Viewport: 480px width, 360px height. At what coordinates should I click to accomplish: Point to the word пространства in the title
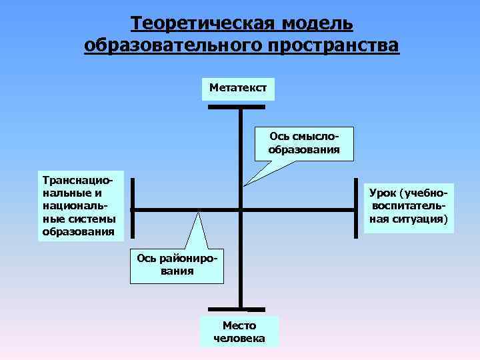(x=335, y=46)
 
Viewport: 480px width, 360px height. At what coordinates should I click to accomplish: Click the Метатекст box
(x=238, y=88)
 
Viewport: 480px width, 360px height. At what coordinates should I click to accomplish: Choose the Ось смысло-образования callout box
(x=304, y=143)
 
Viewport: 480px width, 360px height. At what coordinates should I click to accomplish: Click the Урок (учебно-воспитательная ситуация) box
(x=409, y=207)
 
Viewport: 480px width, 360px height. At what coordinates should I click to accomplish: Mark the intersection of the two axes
(x=241, y=210)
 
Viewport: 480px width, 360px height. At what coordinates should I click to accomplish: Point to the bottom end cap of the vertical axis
(x=237, y=310)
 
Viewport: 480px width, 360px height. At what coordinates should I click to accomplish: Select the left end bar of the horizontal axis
(x=132, y=207)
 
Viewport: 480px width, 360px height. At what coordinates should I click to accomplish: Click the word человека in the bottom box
(x=239, y=339)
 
